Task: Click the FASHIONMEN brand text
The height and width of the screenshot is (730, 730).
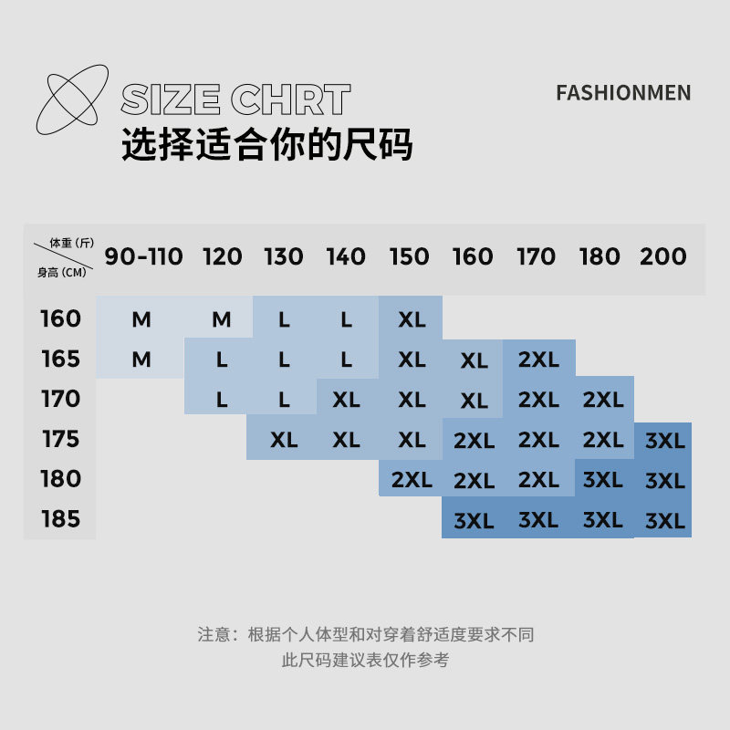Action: [623, 93]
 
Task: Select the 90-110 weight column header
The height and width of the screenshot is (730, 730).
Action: [143, 256]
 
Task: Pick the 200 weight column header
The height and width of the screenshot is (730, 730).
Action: [663, 256]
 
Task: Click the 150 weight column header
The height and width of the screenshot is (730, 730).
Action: [410, 256]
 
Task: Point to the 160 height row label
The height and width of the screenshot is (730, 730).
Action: [61, 319]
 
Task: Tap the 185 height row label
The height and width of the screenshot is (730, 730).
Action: [61, 519]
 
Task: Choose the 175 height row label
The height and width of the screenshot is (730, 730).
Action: [61, 439]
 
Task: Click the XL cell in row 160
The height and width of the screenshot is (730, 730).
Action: [412, 320]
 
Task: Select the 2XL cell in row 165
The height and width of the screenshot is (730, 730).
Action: [538, 360]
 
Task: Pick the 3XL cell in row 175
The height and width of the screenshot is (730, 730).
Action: [664, 441]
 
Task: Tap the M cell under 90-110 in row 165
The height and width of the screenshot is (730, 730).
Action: [141, 360]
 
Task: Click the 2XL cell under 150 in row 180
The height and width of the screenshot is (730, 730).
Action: [412, 480]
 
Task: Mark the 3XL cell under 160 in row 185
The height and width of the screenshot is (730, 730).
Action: [474, 521]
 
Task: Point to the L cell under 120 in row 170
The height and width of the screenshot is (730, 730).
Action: [222, 400]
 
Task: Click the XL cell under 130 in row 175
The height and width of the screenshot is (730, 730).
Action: [284, 440]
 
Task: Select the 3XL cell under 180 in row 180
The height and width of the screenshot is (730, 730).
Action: [602, 480]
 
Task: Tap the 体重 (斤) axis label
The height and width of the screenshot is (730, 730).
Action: [72, 243]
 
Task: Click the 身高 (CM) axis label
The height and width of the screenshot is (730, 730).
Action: [61, 272]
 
